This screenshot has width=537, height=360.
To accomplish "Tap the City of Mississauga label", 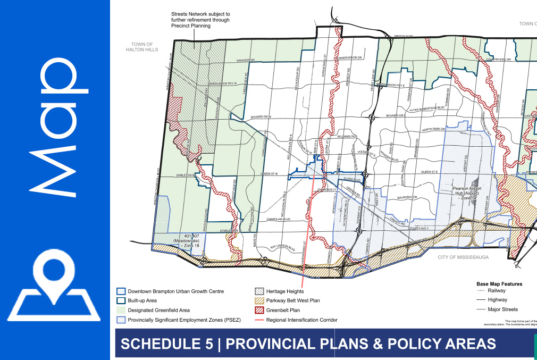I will tap(463, 257).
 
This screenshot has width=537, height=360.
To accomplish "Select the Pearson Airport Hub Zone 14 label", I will tap(467, 193).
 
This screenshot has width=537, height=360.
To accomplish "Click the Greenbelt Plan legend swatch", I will tap(259, 310).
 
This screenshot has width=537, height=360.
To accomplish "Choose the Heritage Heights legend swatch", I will tap(259, 291).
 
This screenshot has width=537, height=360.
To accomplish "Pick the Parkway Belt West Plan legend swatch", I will tap(259, 300).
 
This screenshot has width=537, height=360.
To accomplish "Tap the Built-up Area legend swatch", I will tap(121, 300).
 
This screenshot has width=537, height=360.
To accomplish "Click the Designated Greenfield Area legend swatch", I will tap(121, 310).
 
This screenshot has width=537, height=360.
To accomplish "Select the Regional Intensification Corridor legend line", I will tap(259, 320).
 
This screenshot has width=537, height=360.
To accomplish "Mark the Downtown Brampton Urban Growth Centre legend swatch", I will tap(121, 291).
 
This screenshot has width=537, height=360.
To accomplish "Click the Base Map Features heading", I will tap(499, 284).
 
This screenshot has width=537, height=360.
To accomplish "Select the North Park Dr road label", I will tap(433, 129).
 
